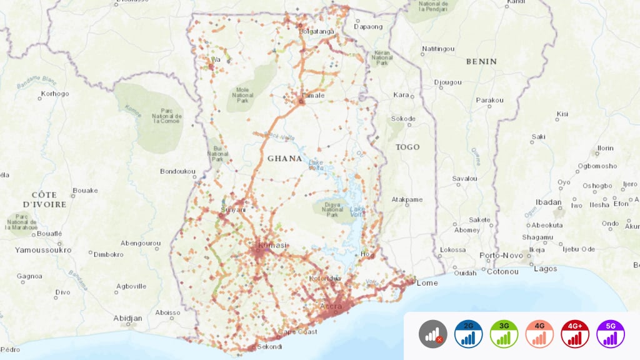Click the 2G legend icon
[x=468, y=334]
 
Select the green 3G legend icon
[x=504, y=334]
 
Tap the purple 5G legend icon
[x=611, y=334]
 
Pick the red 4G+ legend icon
[x=575, y=334]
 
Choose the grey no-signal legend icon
[x=433, y=334]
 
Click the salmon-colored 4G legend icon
[x=539, y=334]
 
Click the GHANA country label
[x=284, y=159]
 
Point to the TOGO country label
[x=407, y=147]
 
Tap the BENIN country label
[x=481, y=61]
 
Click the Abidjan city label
[x=127, y=318]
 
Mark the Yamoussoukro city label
[x=43, y=249]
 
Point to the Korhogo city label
[x=54, y=94]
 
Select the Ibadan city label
[x=548, y=202]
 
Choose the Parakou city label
[x=489, y=100]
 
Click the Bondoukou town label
[x=178, y=171]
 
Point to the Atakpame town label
[x=407, y=200]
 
